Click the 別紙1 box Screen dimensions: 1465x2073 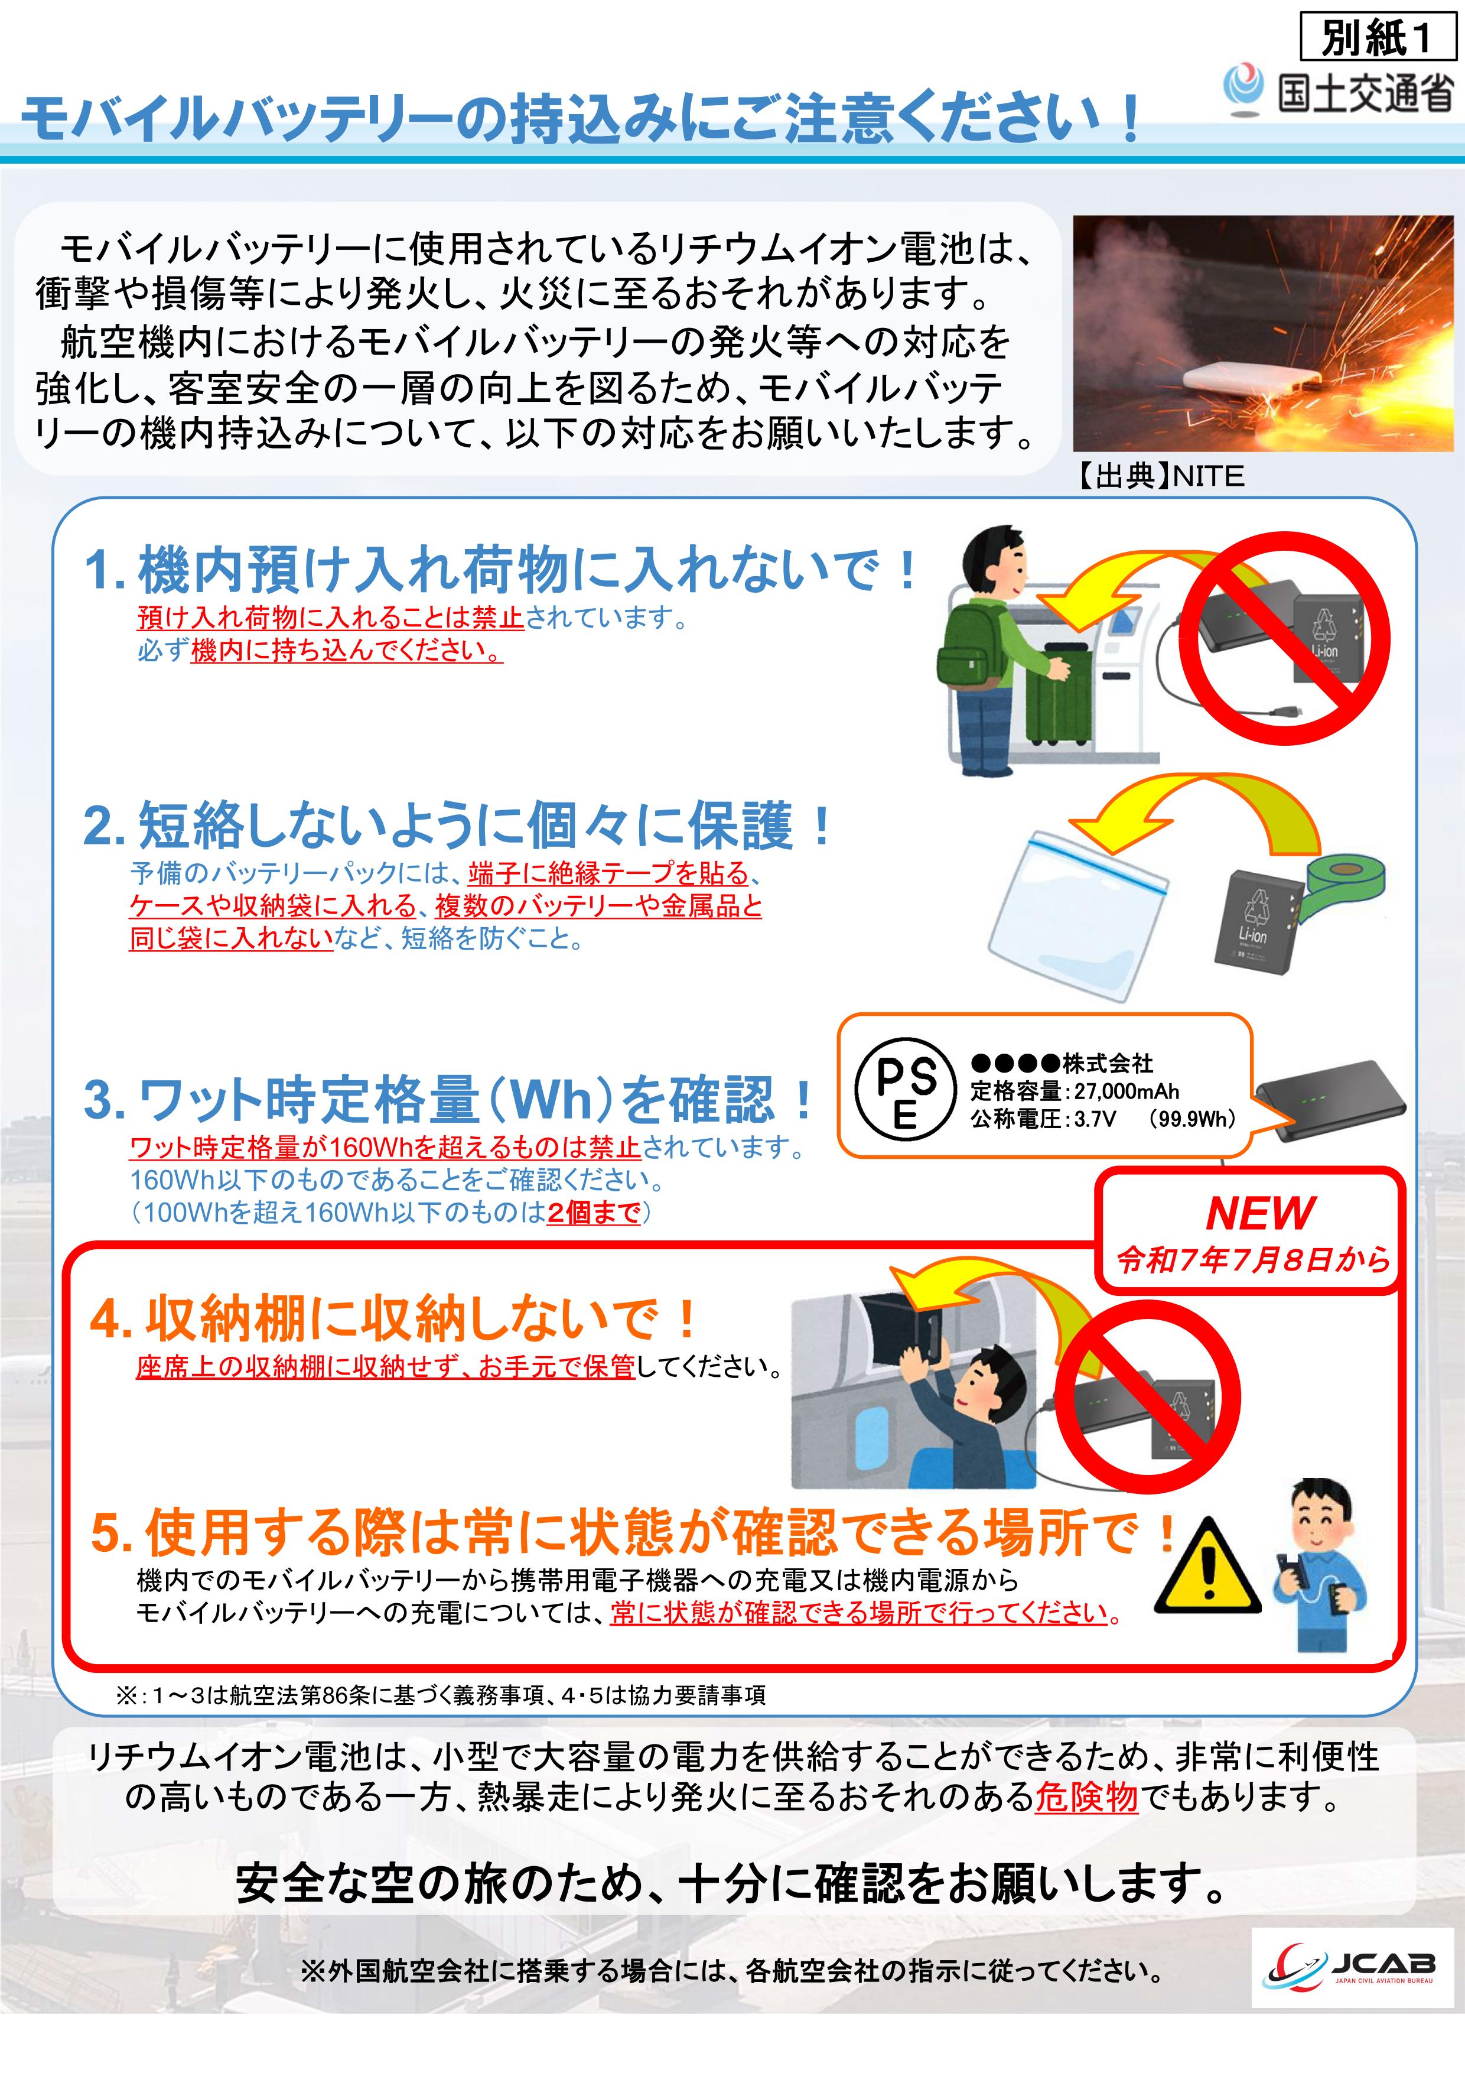(x=1378, y=37)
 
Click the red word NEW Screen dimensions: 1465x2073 (x=1260, y=1213)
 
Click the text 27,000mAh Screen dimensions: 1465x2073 (x=1127, y=1091)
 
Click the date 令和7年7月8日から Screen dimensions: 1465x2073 (x=1254, y=1259)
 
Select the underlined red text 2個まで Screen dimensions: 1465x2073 (x=594, y=1211)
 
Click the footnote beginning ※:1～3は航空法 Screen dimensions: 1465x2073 (x=441, y=1695)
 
